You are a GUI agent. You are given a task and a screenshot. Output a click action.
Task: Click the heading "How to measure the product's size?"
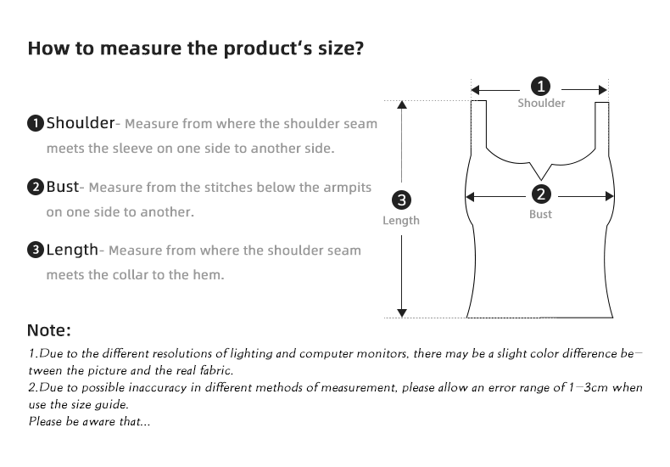196,48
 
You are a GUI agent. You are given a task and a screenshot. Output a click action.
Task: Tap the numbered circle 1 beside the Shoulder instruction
36,124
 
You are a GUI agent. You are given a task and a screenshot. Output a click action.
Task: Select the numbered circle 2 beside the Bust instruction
36,187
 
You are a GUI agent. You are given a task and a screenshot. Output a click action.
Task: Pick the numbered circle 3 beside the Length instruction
36,250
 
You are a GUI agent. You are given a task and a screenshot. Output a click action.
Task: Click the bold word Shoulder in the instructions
80,123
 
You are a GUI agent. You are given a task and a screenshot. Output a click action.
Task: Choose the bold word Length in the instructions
72,250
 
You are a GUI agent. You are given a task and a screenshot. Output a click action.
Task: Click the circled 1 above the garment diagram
540,87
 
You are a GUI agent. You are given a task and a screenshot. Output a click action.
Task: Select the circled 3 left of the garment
402,201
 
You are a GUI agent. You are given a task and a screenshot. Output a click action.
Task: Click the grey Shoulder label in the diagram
541,104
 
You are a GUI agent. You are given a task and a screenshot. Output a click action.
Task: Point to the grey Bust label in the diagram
540,214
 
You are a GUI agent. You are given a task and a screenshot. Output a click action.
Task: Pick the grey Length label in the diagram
401,221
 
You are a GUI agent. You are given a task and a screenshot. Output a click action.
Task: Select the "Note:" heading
49,330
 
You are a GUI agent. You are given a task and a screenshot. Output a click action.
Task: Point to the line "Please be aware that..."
89,422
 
